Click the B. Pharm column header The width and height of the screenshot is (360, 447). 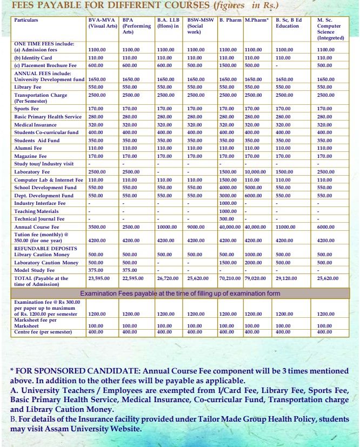(230, 20)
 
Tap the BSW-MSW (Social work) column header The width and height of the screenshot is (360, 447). (201, 25)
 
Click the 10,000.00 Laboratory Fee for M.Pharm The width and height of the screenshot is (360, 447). (255, 172)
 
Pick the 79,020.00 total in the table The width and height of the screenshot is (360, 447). (255, 278)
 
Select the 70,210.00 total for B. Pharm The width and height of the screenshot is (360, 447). (230, 278)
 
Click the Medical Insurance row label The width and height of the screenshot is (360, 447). (35, 124)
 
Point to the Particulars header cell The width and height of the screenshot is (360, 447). (26, 20)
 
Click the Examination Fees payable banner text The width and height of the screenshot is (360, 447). (180, 293)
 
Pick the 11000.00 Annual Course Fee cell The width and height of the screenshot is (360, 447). (286, 227)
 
